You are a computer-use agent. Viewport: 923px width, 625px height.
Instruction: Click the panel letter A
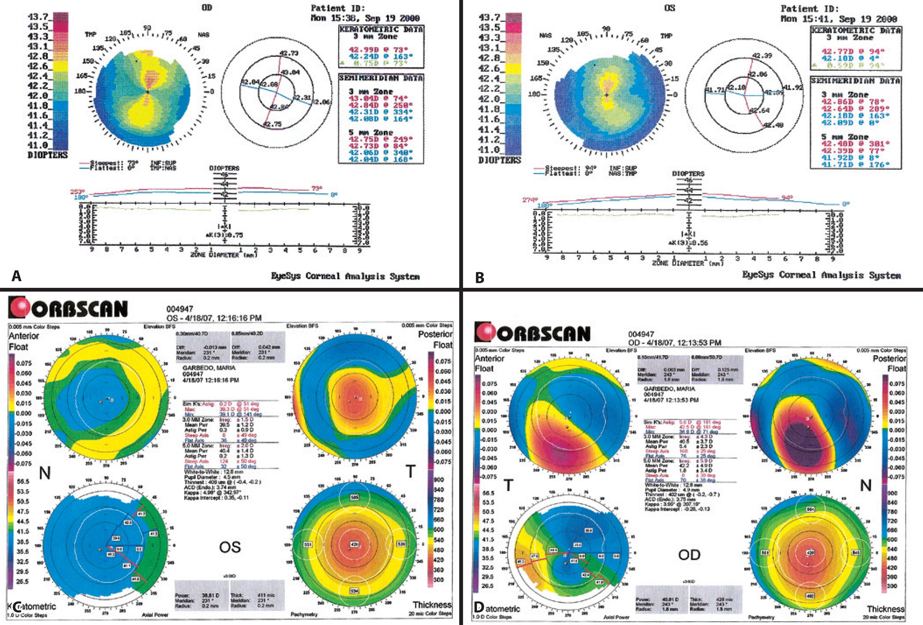[x=16, y=275]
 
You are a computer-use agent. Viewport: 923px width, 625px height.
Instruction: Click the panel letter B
[x=480, y=277]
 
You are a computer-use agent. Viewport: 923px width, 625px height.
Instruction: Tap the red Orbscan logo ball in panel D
[x=485, y=333]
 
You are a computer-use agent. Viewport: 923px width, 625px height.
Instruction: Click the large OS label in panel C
[x=230, y=547]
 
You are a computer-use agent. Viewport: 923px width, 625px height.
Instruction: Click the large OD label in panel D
[x=689, y=555]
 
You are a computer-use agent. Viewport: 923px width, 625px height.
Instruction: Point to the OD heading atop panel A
[x=207, y=7]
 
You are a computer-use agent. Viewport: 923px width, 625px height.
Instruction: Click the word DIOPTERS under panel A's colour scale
[x=48, y=155]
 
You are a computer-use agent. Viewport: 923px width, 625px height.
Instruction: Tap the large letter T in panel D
[x=508, y=485]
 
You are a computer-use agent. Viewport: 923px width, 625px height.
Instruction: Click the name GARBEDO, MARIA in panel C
[x=209, y=368]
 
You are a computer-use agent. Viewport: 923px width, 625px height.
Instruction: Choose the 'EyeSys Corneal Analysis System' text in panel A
[x=345, y=276]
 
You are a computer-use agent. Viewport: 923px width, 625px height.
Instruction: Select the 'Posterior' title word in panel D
[x=889, y=358]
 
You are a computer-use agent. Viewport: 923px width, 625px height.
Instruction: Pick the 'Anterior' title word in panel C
[x=24, y=336]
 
